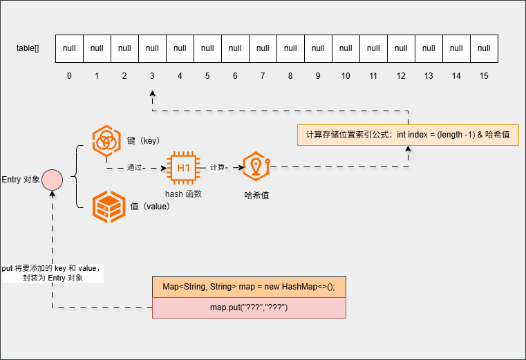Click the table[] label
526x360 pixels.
(28, 48)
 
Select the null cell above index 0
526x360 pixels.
(70, 48)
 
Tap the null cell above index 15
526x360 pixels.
(484, 48)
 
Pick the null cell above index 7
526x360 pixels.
(263, 48)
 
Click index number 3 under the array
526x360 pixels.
(152, 75)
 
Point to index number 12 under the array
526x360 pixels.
(401, 75)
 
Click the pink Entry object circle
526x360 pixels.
(52, 180)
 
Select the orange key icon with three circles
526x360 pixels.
(108, 140)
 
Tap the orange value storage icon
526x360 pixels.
(109, 205)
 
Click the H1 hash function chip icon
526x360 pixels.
(184, 167)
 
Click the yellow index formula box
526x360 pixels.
(407, 134)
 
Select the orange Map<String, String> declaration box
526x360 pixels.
(249, 287)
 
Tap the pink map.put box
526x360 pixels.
(249, 307)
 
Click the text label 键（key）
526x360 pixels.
(144, 140)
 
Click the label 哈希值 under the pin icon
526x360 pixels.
(256, 196)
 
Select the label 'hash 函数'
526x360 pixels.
(183, 194)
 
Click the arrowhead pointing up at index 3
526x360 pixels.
(152, 94)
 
